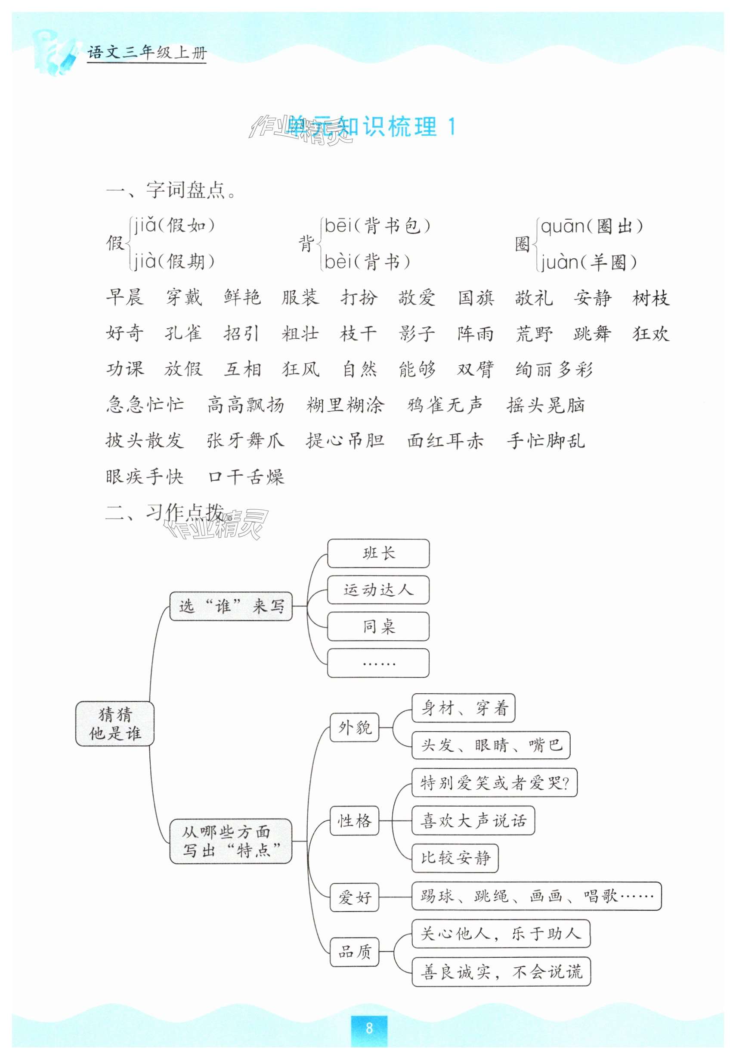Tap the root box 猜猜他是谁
(x=115, y=724)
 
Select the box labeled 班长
(x=378, y=553)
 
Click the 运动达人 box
(x=378, y=589)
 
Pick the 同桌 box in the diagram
(x=378, y=626)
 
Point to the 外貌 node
(x=354, y=727)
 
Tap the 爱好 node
(x=354, y=897)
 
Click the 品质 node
(x=354, y=952)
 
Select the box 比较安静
(x=455, y=858)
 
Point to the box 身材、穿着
(x=463, y=708)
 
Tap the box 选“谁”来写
(x=231, y=606)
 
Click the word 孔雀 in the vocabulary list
(x=183, y=333)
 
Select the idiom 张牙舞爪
(x=245, y=440)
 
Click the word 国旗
(x=476, y=298)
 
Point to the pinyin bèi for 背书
(x=338, y=262)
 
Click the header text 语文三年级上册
(x=147, y=53)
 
